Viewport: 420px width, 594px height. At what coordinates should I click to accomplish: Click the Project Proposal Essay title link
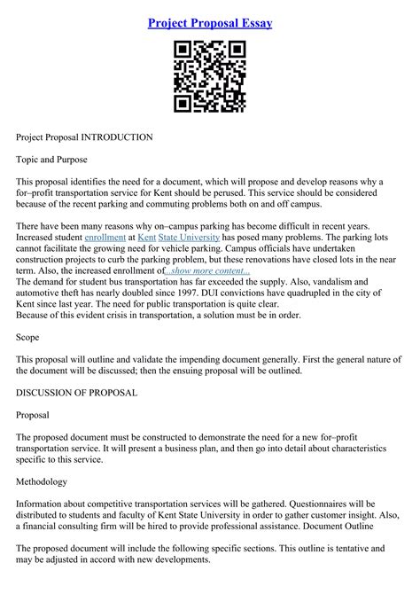click(210, 22)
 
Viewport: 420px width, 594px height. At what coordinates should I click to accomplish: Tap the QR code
click(209, 77)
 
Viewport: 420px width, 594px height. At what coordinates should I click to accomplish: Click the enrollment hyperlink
click(105, 238)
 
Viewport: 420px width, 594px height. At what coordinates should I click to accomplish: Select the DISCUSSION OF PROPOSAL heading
click(76, 393)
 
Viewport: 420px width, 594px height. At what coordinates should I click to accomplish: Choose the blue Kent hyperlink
click(147, 238)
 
